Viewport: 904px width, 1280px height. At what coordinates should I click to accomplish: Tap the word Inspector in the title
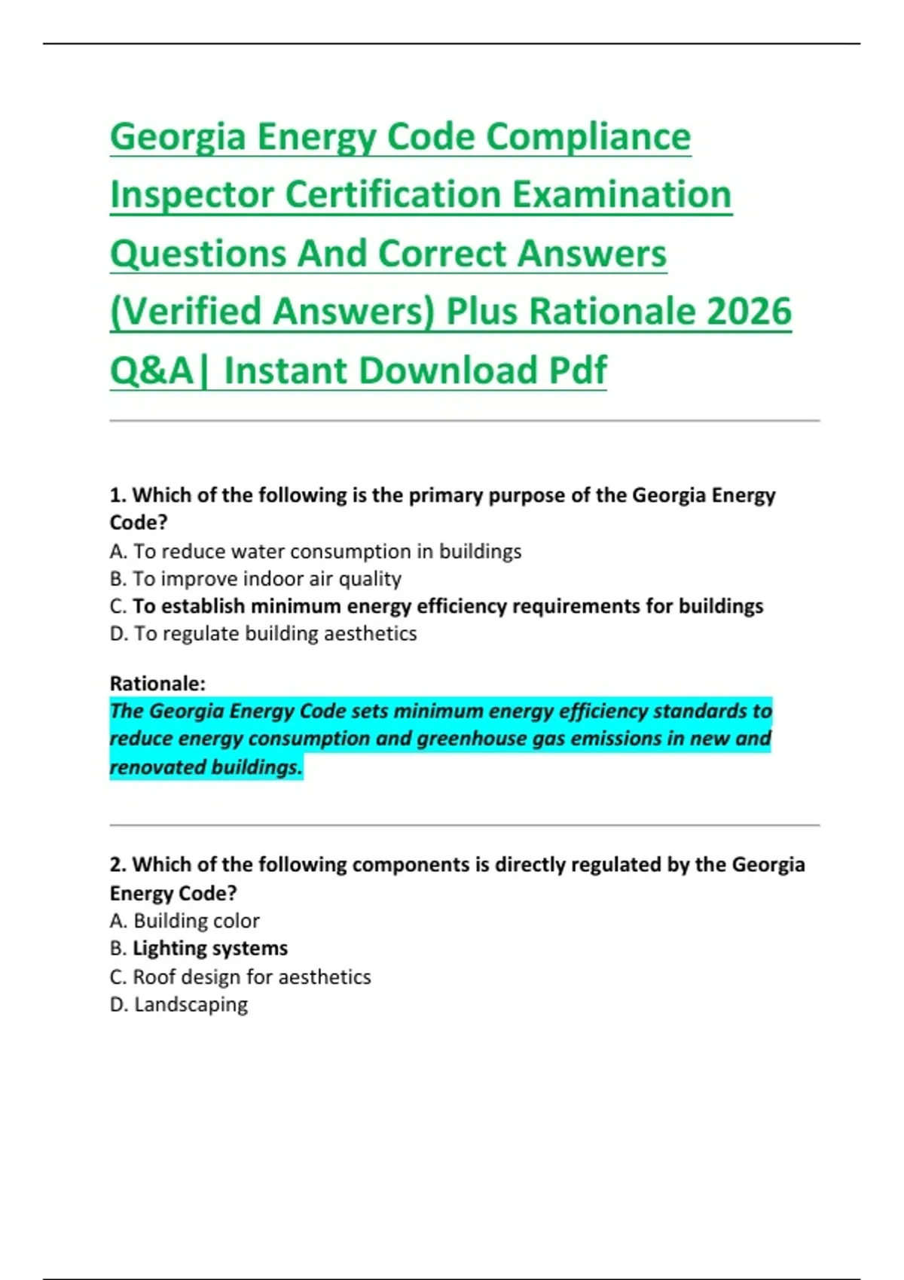point(193,195)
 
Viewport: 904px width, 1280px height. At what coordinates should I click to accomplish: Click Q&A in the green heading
point(151,370)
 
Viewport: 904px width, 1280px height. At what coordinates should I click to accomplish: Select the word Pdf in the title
point(577,370)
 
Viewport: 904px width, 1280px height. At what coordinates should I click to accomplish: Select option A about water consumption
point(316,552)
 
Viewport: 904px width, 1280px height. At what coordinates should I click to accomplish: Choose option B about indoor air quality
point(255,579)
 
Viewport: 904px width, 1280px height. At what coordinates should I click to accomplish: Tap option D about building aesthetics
point(263,634)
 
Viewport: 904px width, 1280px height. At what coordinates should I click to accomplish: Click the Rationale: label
point(157,684)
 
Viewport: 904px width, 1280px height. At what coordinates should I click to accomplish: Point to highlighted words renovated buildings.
point(206,767)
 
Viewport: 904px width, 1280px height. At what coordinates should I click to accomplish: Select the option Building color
point(185,921)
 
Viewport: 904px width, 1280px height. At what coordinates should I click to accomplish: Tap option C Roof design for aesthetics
point(240,977)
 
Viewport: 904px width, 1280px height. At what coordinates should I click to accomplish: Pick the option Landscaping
point(179,1004)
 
